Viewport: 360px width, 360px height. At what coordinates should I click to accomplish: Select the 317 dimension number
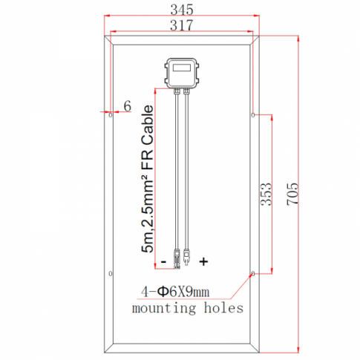point(181,25)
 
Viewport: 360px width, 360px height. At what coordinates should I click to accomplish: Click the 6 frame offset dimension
point(127,107)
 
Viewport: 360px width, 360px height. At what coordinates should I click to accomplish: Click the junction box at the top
point(181,73)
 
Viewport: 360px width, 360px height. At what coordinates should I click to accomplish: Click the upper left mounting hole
point(111,116)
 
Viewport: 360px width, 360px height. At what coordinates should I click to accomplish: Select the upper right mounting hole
point(253,116)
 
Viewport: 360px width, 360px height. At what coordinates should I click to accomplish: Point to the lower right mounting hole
point(253,273)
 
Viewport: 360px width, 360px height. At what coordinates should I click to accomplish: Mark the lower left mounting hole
point(111,273)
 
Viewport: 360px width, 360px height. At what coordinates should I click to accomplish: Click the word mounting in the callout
point(161,308)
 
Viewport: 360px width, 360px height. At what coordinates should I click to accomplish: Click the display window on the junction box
point(181,71)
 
